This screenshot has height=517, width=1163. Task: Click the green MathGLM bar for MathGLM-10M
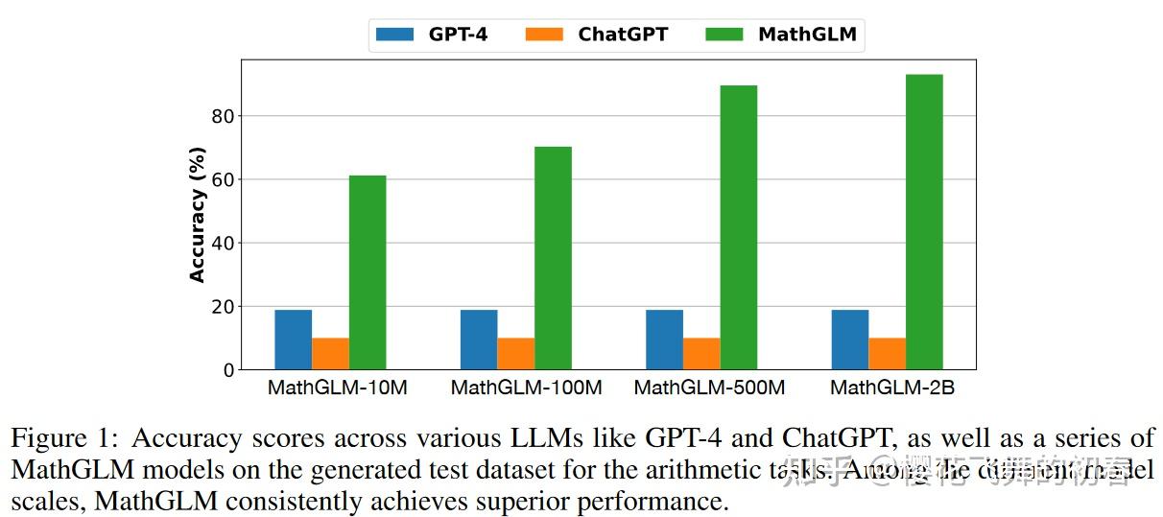368,272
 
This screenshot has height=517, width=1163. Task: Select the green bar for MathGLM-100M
553,258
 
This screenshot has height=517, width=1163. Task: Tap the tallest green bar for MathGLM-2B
924,222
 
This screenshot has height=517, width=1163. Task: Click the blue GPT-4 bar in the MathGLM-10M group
293,340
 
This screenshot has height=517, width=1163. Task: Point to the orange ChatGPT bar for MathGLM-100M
516,353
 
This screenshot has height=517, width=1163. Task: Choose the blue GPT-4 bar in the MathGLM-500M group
664,340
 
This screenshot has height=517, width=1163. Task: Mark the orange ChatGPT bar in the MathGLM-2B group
887,353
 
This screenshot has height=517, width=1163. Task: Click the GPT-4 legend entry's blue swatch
394,35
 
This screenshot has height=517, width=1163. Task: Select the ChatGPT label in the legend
622,35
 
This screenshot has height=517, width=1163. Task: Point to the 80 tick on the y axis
223,116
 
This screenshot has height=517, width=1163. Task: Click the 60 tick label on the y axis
223,179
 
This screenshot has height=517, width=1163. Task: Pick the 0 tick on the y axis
228,370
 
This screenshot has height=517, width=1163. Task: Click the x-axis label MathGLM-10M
338,388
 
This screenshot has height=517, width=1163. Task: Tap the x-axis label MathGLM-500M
709,388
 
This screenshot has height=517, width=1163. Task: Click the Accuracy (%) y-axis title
198,215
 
